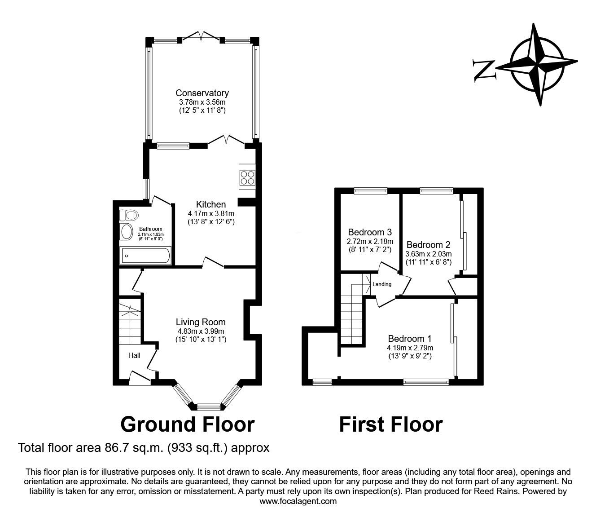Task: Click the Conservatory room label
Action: pos(202,93)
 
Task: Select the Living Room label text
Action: pos(200,322)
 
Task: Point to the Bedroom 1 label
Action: pos(410,339)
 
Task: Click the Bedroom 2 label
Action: pos(428,245)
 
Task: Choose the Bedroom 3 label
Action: pos(370,232)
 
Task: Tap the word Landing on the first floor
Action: pos(382,284)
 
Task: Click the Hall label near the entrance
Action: pos(134,355)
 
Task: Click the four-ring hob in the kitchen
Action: pos(247,178)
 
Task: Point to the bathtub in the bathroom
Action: pos(145,256)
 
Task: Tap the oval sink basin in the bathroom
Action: pos(127,232)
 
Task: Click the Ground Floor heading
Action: pos(188,424)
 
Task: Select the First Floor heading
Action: pos(390,424)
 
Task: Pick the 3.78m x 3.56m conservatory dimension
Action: pos(202,102)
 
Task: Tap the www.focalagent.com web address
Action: pos(298,501)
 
